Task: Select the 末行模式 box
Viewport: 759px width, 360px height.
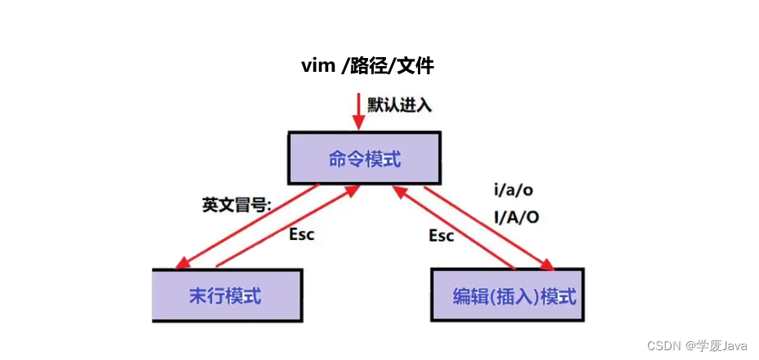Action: (x=227, y=295)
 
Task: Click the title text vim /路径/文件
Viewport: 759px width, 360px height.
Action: (x=367, y=66)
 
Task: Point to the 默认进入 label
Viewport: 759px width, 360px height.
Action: (x=399, y=104)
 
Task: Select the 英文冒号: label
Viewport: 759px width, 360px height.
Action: (x=237, y=204)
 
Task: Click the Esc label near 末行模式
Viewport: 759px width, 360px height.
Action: (x=302, y=233)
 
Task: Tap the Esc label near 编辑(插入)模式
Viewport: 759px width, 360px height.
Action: (x=442, y=235)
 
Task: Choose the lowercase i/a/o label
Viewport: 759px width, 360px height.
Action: (x=515, y=190)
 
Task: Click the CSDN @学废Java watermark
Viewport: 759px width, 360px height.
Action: (x=697, y=346)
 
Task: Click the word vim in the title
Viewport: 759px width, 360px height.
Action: (x=318, y=66)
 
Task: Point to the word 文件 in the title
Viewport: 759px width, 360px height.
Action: (x=416, y=66)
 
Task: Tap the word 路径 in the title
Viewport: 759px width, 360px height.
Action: (x=367, y=66)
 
